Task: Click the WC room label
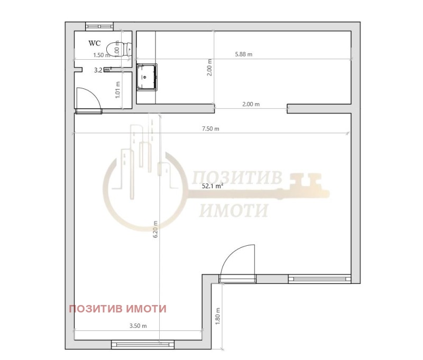95,43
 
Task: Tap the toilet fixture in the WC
118,49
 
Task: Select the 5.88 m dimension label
244,54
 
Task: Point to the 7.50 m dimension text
210,128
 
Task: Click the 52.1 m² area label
213,186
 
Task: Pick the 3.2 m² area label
103,70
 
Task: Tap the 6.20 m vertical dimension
155,229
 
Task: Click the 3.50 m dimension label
138,326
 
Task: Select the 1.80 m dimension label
218,316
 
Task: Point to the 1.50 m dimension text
102,56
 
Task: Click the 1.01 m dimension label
117,90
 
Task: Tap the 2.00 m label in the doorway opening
251,104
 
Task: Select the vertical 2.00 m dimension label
209,68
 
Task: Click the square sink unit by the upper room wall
147,77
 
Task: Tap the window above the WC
99,26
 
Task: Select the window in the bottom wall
143,344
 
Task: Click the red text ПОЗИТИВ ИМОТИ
117,309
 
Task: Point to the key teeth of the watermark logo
306,180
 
